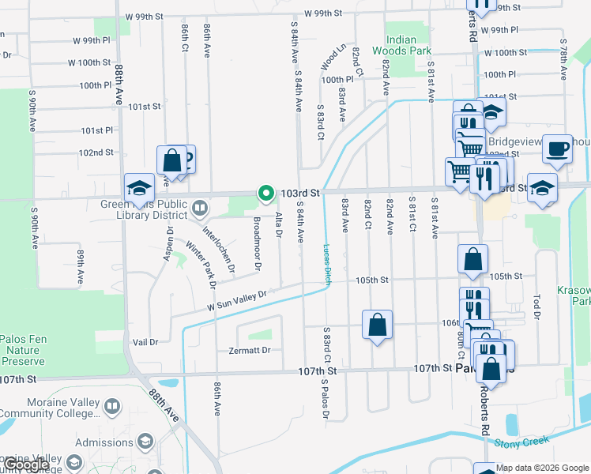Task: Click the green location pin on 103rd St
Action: click(x=266, y=193)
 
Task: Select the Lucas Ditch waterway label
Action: click(x=327, y=264)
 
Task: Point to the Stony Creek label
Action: click(x=521, y=443)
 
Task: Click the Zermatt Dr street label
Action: click(x=249, y=350)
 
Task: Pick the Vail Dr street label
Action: click(x=145, y=342)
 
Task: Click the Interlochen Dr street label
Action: click(x=219, y=250)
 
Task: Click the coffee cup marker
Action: click(x=558, y=149)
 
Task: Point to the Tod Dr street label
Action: click(x=536, y=302)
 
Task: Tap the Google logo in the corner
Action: click(x=25, y=465)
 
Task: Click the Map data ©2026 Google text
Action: click(x=542, y=468)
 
